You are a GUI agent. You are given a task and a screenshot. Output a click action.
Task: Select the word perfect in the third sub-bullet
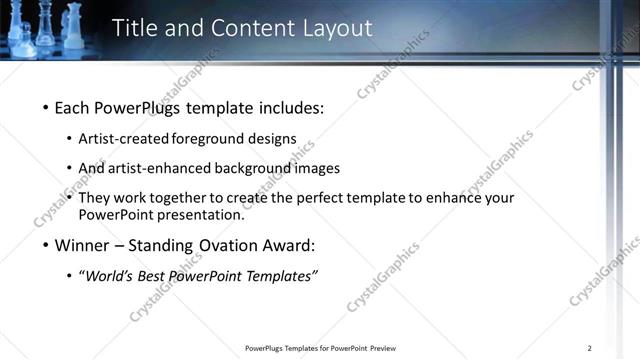[x=325, y=198]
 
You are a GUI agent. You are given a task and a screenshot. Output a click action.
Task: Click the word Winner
[x=83, y=245]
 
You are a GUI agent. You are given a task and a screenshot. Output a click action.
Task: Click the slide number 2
[x=590, y=348]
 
